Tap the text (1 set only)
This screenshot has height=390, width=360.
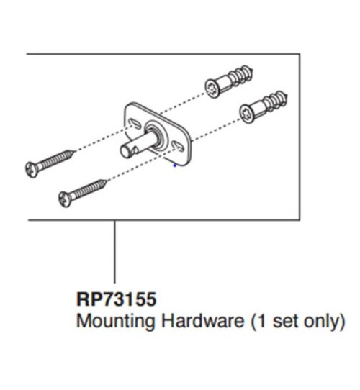tap(297, 321)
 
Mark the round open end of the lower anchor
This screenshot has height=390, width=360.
tap(243, 114)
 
